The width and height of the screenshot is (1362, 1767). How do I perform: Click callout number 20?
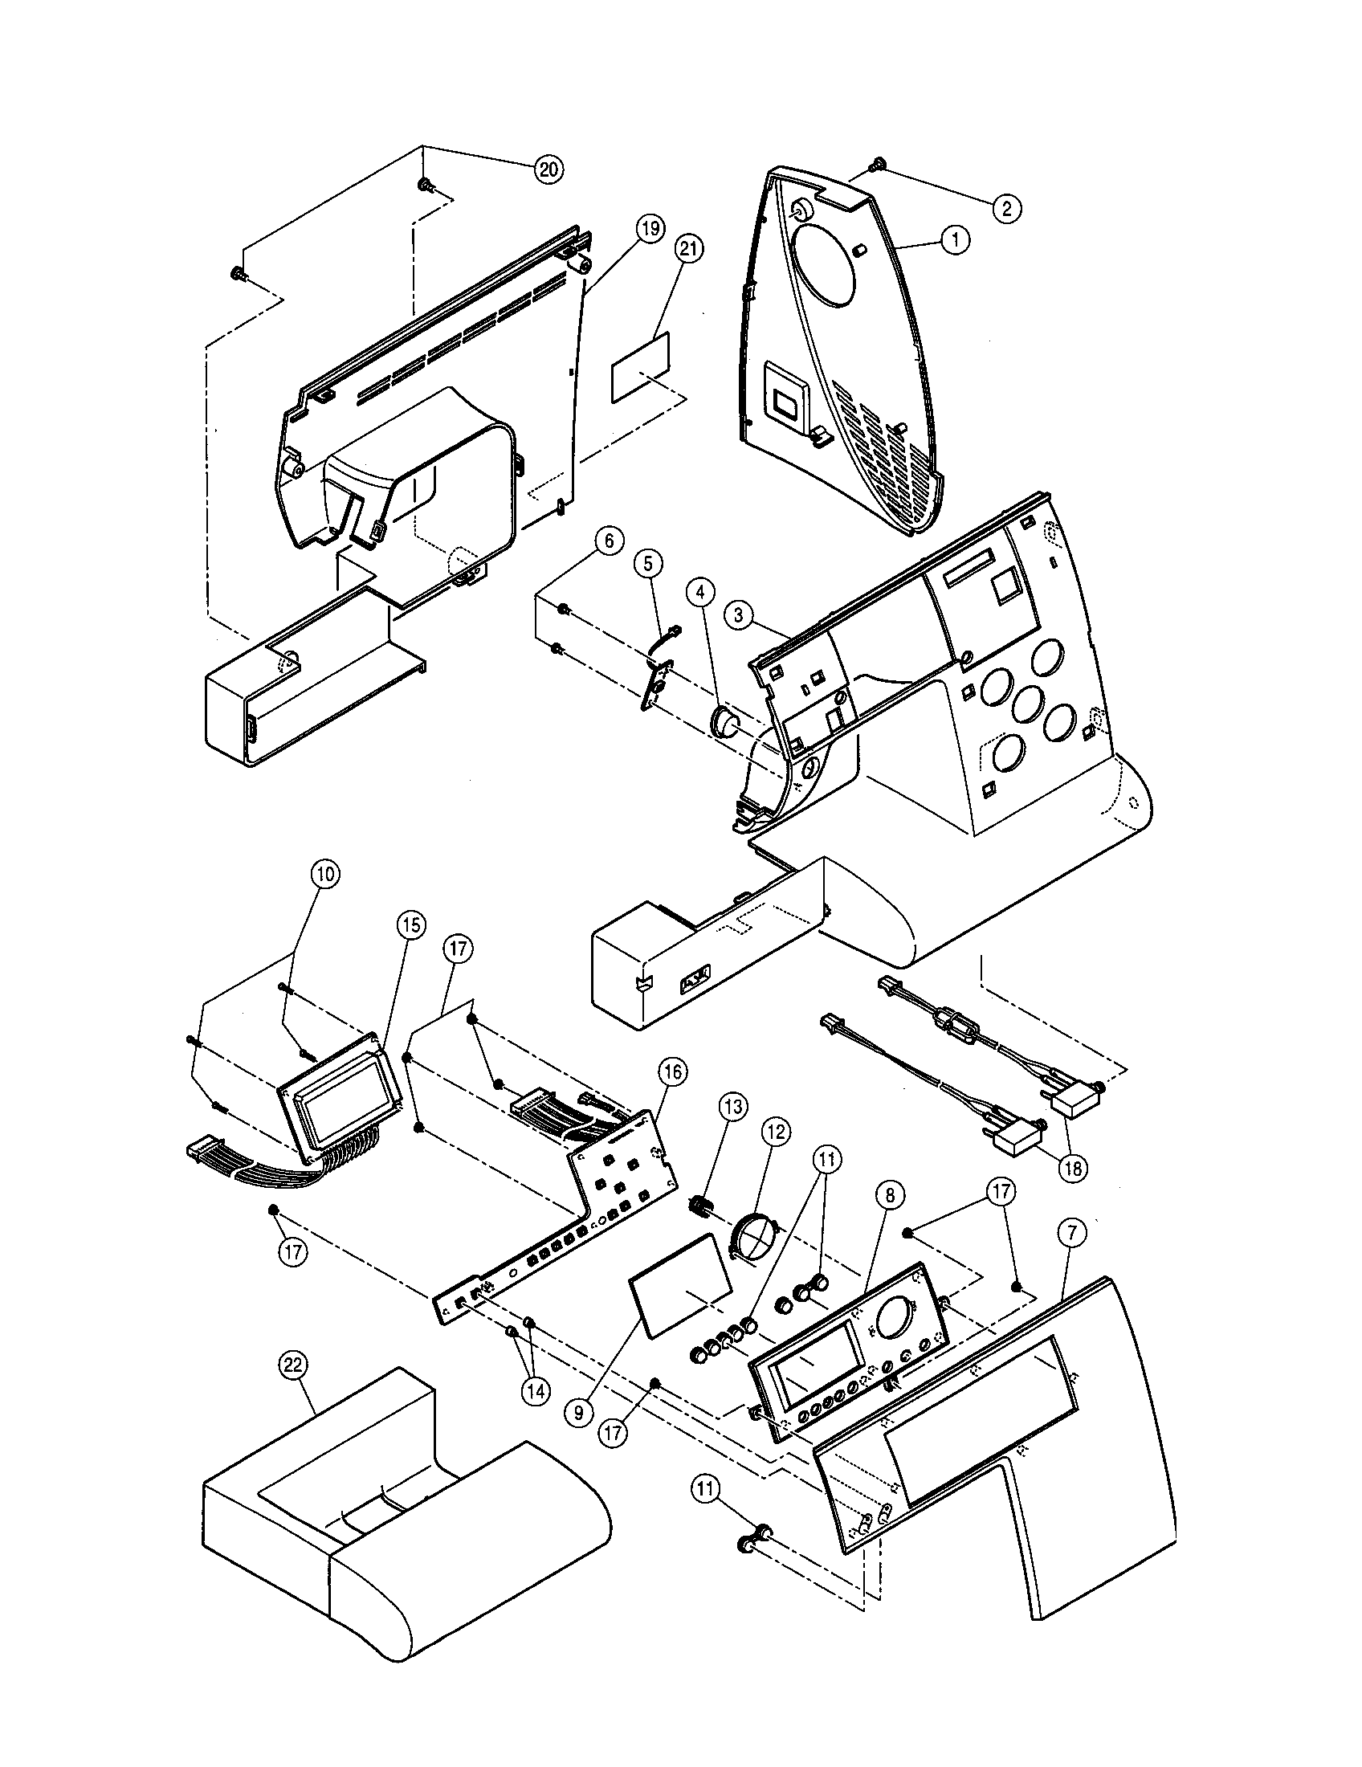click(548, 169)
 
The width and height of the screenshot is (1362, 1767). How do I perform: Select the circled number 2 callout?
click(1007, 209)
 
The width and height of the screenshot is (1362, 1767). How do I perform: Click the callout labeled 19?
click(650, 229)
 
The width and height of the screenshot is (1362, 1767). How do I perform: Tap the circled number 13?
click(736, 1106)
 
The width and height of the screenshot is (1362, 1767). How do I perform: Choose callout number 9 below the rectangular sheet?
click(579, 1413)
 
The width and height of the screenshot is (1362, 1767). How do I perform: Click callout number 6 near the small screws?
click(609, 541)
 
